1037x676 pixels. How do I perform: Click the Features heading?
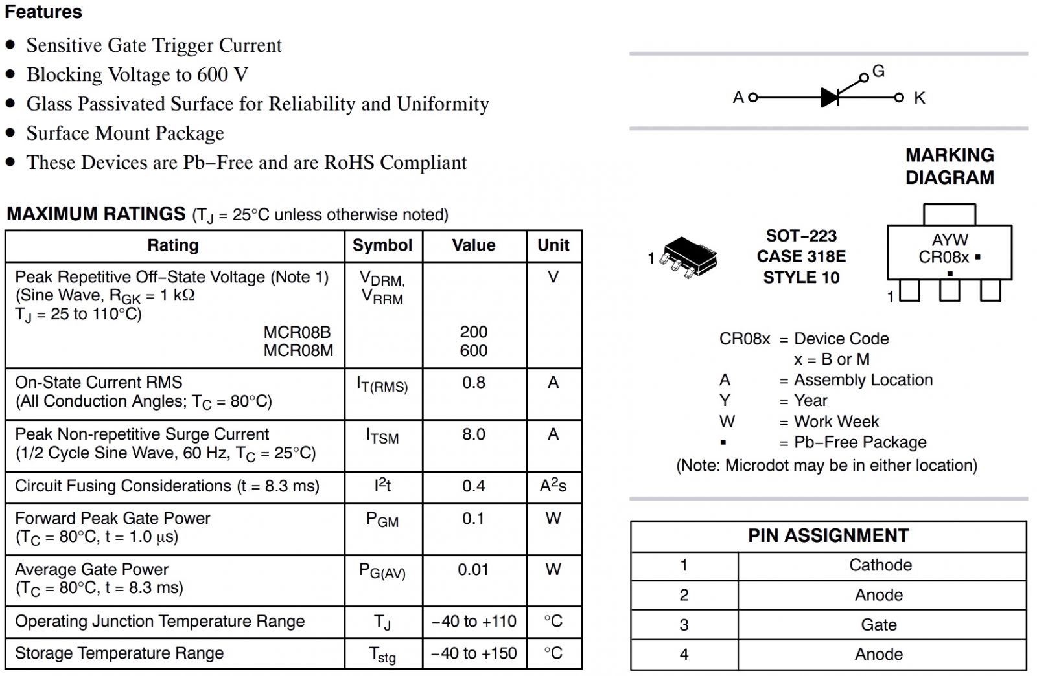coord(43,12)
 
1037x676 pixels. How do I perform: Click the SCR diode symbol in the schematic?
coord(830,98)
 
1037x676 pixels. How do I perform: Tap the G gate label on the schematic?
coord(878,71)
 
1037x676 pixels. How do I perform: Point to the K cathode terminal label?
coord(919,98)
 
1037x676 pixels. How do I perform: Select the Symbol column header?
coord(382,245)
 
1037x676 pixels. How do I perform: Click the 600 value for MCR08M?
coord(474,351)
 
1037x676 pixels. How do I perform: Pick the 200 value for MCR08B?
coord(474,332)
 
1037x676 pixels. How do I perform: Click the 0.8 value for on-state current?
coord(474,383)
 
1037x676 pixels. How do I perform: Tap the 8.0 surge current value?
coord(474,434)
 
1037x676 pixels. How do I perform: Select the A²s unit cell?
coord(553,486)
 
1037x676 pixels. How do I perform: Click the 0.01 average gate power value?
coord(473,570)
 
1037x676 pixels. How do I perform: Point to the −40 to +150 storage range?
coord(474,653)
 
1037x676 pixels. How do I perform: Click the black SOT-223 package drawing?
coord(689,256)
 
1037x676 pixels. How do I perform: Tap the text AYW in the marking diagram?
coord(950,240)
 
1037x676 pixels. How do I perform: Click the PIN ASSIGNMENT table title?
coord(828,536)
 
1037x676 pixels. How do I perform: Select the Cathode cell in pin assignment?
coord(880,565)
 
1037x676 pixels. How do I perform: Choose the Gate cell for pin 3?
coord(879,625)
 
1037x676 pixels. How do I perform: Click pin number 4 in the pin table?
coord(684,655)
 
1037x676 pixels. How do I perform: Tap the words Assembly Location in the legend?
coord(863,380)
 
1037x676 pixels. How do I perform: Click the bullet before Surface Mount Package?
coord(10,133)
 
